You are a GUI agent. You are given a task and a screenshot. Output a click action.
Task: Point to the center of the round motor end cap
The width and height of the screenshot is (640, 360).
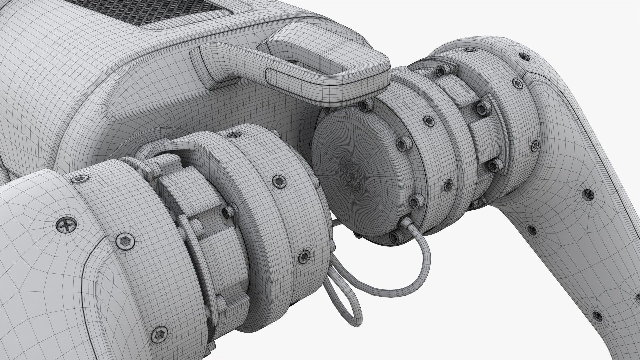[352, 173]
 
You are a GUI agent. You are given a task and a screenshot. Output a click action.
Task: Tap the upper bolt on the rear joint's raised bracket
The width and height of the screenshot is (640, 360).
[480, 107]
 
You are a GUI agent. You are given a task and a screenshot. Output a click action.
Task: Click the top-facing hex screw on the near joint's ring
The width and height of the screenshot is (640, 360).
[232, 134]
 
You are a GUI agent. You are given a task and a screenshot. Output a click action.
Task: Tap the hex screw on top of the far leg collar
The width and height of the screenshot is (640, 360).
[470, 50]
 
